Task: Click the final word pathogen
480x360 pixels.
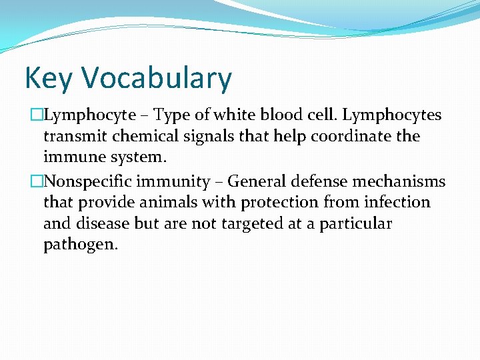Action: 80,245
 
